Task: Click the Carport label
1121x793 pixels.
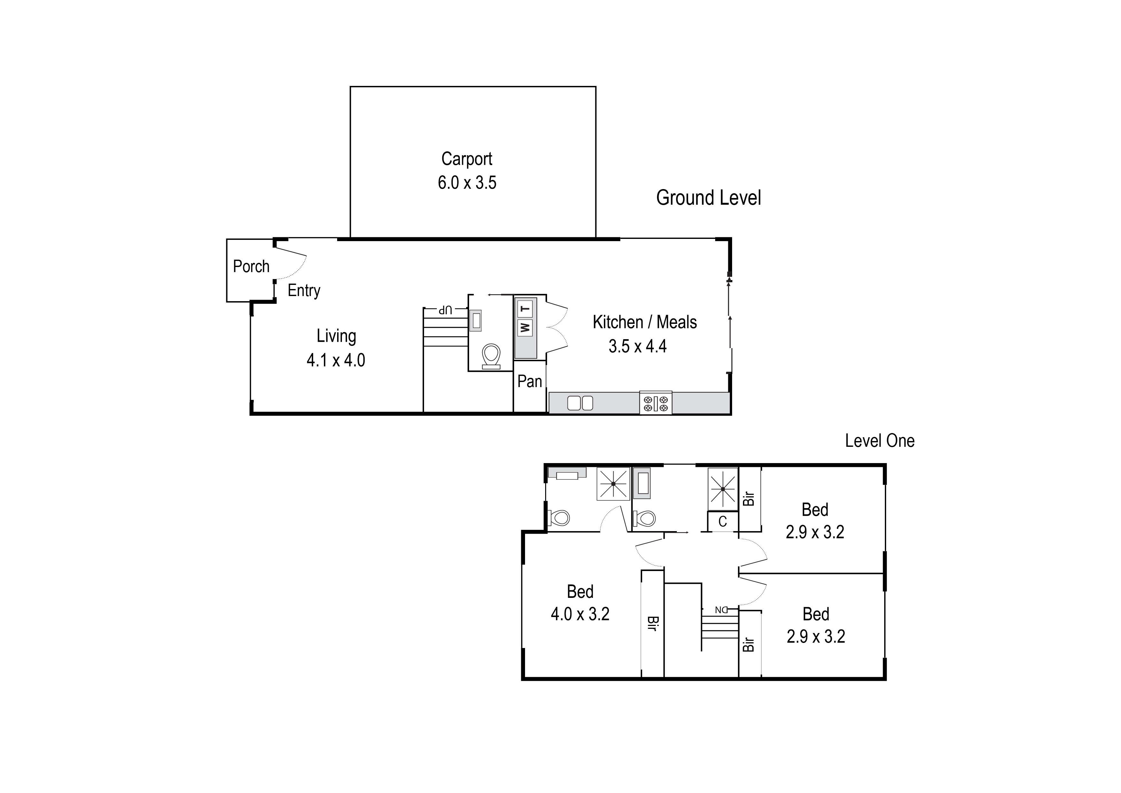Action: coord(467,159)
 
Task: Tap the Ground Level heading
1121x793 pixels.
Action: coord(708,198)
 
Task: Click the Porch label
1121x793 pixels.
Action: coord(251,267)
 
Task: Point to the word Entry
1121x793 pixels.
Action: coord(304,291)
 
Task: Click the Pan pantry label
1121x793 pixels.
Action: coord(530,381)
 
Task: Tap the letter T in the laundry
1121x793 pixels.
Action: coord(525,309)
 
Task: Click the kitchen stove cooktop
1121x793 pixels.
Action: coord(655,403)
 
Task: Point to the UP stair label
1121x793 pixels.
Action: coord(445,309)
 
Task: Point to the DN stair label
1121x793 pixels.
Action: coord(721,610)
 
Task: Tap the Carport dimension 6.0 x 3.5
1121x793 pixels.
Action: coord(467,183)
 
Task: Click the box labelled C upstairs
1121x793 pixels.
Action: coord(723,522)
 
